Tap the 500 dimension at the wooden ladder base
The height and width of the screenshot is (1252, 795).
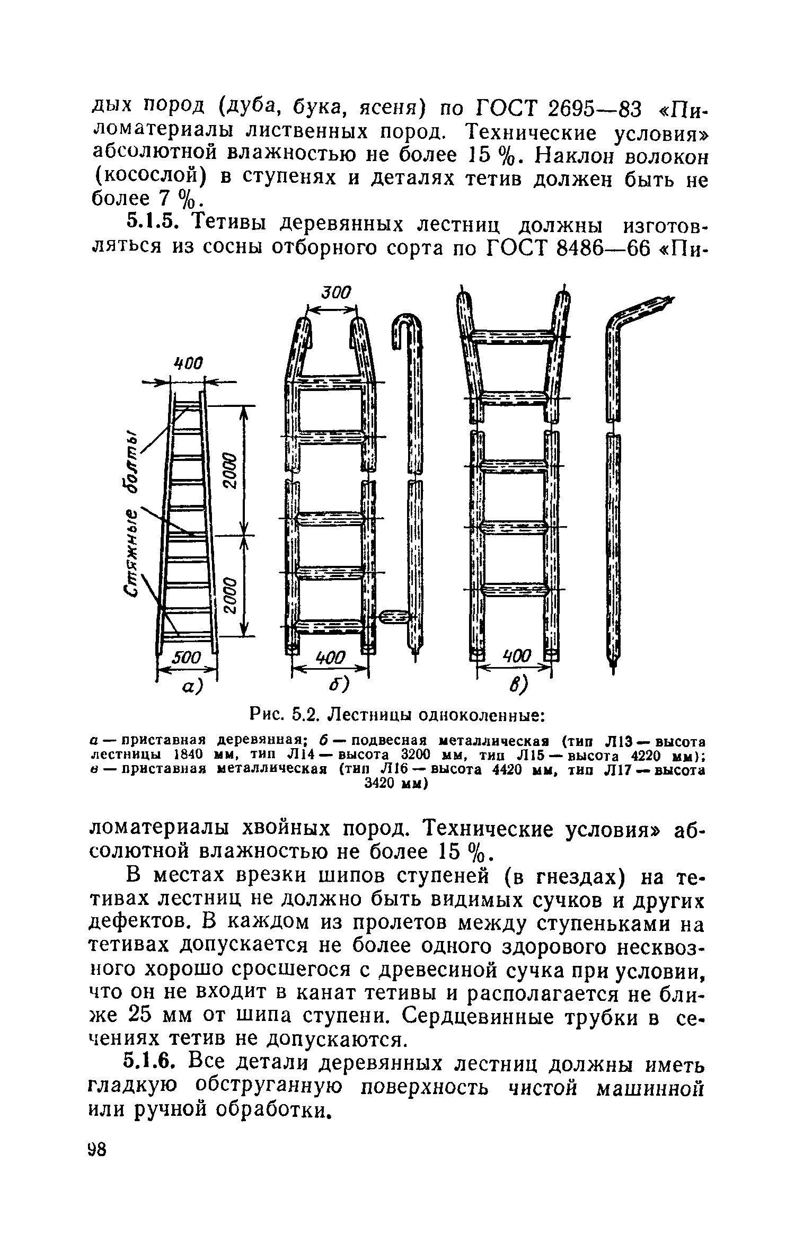click(x=187, y=659)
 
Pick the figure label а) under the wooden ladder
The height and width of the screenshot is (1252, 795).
click(x=192, y=687)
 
